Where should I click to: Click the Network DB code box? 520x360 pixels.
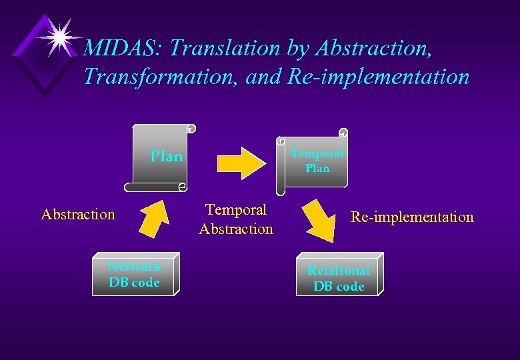pos(135,274)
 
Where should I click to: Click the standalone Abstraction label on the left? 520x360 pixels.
pos(78,214)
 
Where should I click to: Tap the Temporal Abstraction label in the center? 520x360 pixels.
pos(236,219)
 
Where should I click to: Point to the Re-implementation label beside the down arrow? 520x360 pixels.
pos(412,217)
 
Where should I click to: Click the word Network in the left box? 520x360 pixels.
pos(135,267)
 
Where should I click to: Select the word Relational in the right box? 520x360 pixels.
pos(339,270)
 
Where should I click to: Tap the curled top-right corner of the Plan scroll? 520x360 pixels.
pos(191,128)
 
